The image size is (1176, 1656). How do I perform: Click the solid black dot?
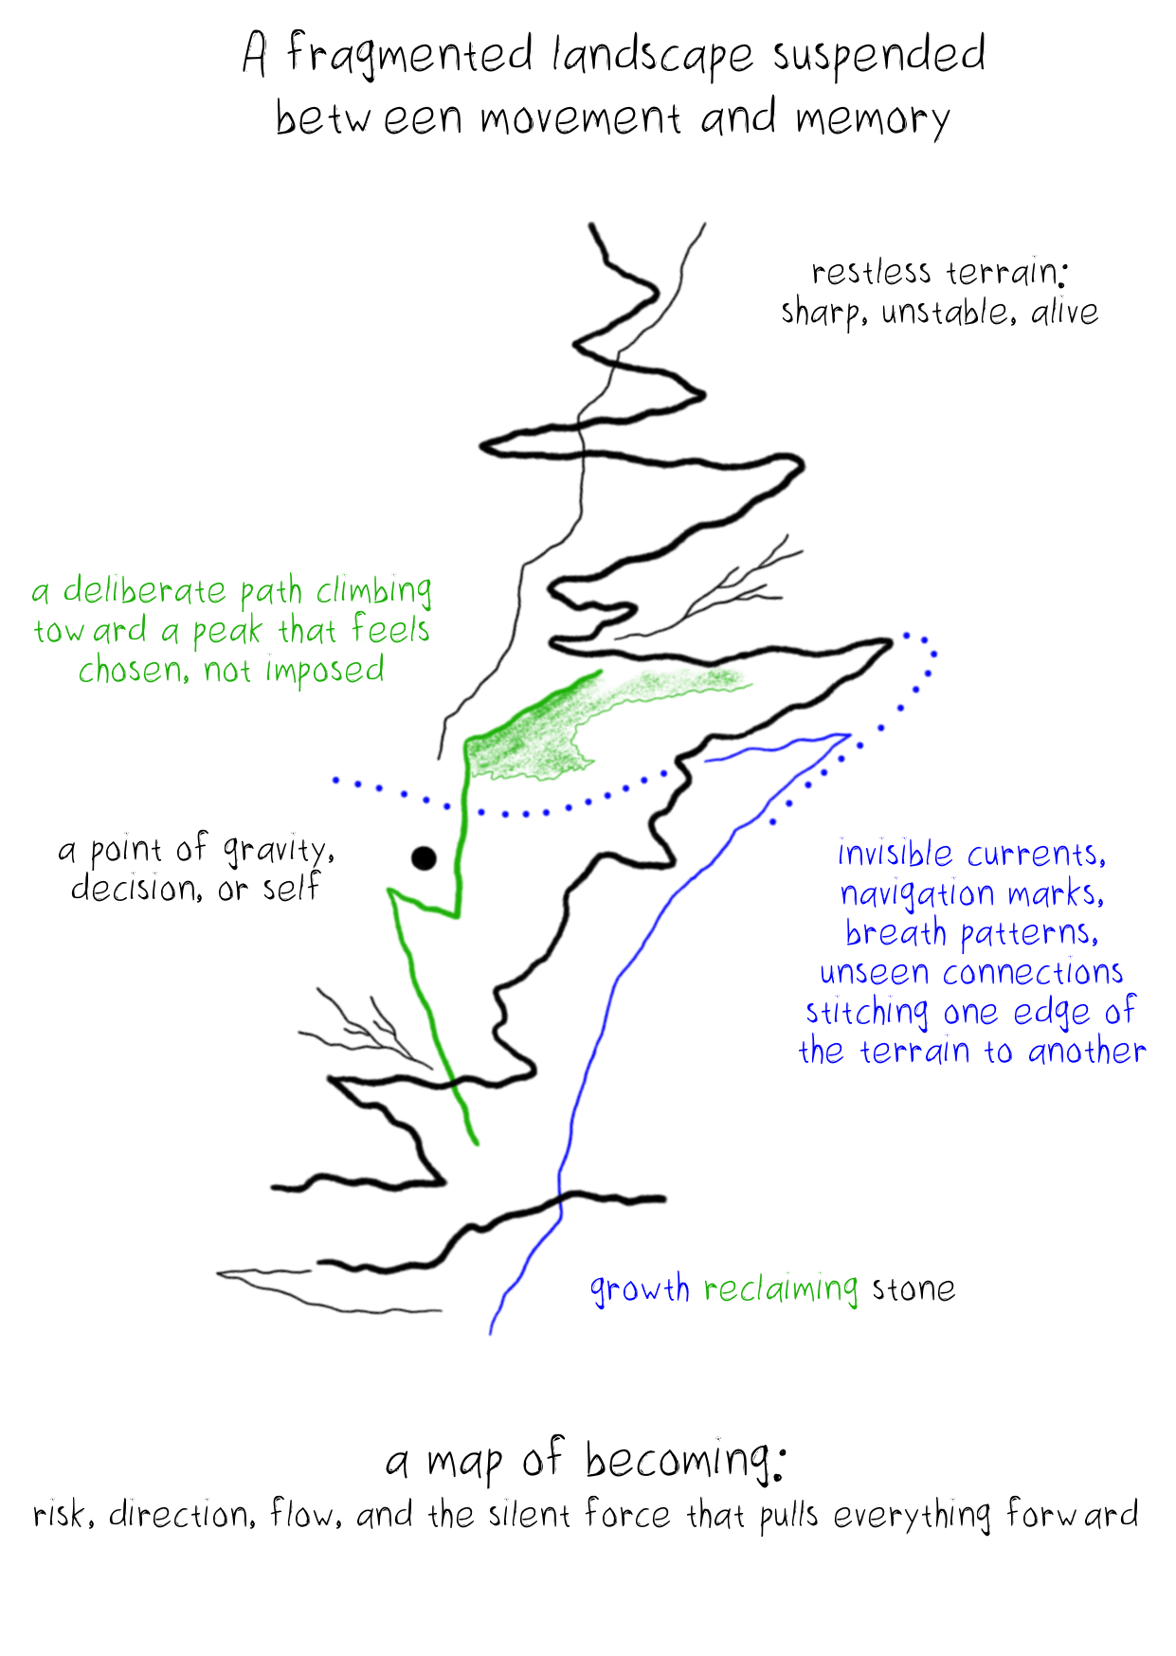[424, 858]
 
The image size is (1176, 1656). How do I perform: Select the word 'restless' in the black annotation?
[871, 273]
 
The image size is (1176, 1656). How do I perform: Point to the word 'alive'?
[1064, 312]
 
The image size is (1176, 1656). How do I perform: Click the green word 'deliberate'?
[144, 591]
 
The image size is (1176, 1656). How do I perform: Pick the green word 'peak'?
[226, 632]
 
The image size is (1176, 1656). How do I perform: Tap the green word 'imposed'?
[324, 671]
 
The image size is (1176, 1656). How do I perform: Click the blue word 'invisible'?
[895, 855]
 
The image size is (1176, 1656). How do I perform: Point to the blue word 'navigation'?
[917, 894]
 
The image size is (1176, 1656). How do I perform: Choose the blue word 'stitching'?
[866, 1013]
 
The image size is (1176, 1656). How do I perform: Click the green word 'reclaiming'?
[781, 1289]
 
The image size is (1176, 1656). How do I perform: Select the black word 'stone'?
[914, 1289]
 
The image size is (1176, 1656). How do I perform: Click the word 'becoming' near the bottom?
[681, 1461]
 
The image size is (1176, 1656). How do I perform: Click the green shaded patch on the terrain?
[531, 744]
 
